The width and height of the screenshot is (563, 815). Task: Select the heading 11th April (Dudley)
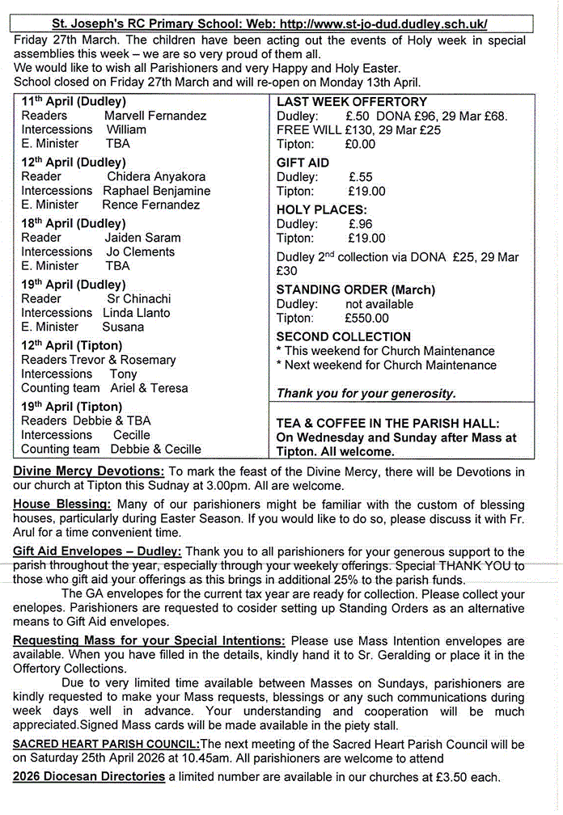point(74,102)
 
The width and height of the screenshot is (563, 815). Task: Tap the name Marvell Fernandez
point(155,116)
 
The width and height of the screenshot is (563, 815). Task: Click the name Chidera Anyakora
point(156,176)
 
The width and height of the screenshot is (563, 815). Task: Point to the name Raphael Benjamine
point(156,191)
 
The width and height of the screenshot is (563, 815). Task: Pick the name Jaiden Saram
point(142,238)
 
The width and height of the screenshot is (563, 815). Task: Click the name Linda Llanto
point(137,313)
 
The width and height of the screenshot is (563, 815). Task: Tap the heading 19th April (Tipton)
point(72,407)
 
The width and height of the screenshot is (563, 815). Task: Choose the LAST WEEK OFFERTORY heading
point(352,102)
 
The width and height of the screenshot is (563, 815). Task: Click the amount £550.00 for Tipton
point(368,319)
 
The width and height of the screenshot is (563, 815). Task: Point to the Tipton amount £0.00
point(360,144)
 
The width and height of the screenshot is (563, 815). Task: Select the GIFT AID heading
point(303,163)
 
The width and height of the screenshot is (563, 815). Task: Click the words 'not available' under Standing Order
point(379,304)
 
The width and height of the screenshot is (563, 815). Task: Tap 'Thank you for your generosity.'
point(366,394)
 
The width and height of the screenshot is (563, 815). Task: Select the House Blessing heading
point(62,504)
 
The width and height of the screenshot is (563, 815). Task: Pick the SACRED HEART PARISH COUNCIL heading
point(106,745)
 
